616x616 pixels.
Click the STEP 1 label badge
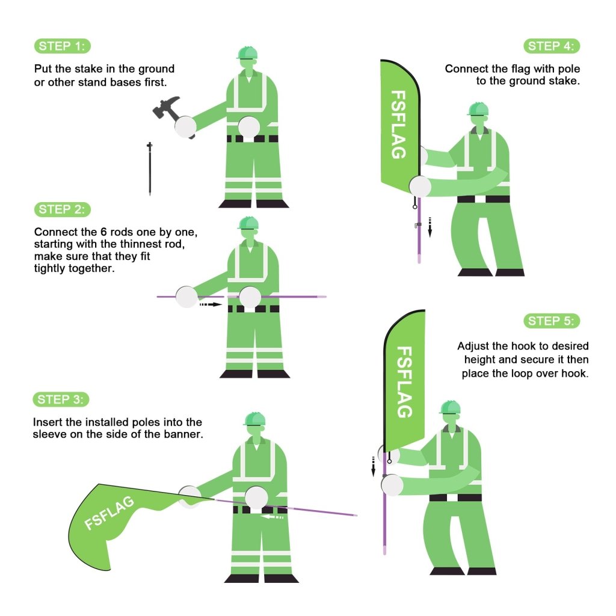pyautogui.click(x=62, y=46)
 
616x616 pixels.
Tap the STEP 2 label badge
pyautogui.click(x=62, y=209)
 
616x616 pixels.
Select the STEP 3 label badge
pyautogui.click(x=62, y=399)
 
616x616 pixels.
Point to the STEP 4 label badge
pyautogui.click(x=552, y=46)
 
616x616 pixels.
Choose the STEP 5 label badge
pyautogui.click(x=552, y=321)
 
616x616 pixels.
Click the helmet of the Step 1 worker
pyautogui.click(x=247, y=53)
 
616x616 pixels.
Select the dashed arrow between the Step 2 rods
pyautogui.click(x=211, y=304)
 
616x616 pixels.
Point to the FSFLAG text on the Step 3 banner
pyautogui.click(x=109, y=513)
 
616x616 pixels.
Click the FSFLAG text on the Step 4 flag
pyautogui.click(x=398, y=124)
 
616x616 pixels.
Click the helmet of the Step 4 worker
pyautogui.click(x=478, y=109)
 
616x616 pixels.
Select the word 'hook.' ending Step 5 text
pyautogui.click(x=575, y=373)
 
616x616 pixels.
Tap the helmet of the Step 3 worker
pyautogui.click(x=255, y=419)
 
